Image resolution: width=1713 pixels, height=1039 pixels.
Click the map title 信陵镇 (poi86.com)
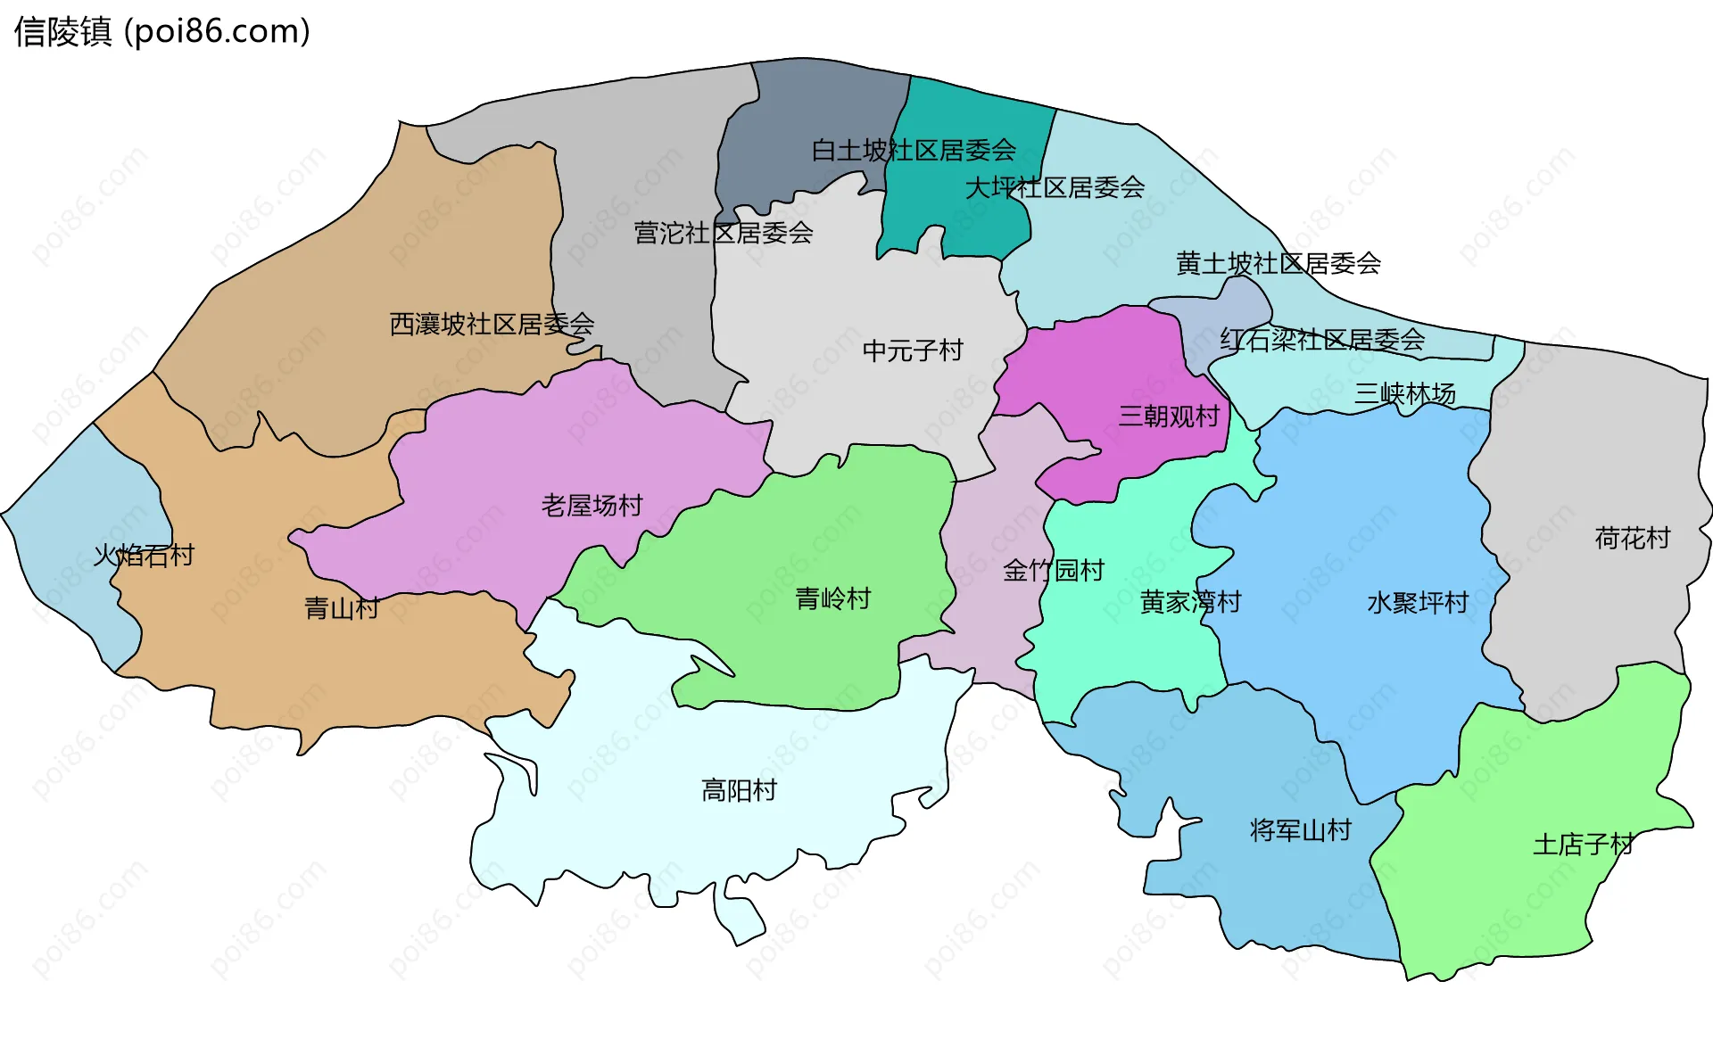coord(161,32)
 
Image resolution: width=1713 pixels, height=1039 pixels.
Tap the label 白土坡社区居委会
coord(914,150)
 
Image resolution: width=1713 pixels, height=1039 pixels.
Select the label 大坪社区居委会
coord(1055,187)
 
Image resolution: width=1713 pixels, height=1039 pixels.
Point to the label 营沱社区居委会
coord(723,233)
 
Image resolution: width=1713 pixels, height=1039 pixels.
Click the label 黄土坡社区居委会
coord(1278,263)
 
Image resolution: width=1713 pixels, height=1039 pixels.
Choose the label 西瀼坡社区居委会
coord(492,324)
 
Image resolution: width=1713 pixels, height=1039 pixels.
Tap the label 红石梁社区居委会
coord(1322,340)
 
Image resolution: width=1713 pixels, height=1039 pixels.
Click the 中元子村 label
coord(913,350)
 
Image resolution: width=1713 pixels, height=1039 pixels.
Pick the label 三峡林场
coord(1404,393)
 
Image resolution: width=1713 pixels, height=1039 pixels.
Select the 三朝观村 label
coord(1169,416)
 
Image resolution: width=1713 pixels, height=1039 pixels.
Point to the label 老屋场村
coord(592,506)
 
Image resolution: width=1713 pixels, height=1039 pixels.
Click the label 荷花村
coord(1632,538)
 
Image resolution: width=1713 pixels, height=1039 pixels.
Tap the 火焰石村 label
coord(144,556)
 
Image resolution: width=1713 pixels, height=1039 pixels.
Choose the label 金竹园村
coord(1054,570)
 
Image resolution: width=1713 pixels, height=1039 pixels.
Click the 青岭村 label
coord(832,598)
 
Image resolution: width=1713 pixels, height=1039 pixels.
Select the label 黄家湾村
coord(1190,602)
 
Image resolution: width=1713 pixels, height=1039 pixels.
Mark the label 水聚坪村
coord(1417,603)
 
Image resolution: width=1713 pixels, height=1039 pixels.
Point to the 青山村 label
coord(342,608)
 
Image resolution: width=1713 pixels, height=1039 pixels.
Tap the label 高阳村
coord(739,790)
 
